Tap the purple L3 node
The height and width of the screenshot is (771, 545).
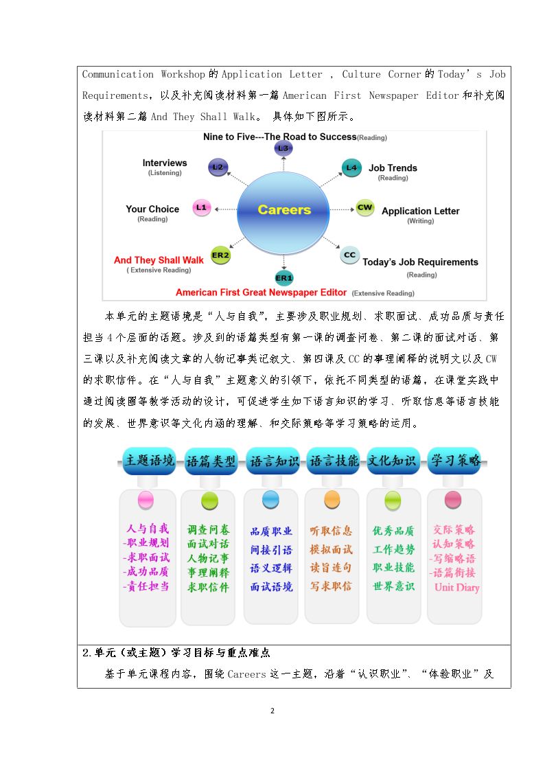pyautogui.click(x=283, y=148)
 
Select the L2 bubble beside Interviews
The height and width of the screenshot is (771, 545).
pyautogui.click(x=218, y=168)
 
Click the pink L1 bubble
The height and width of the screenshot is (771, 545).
pyautogui.click(x=202, y=207)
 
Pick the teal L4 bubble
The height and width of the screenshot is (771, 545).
pyautogui.click(x=351, y=168)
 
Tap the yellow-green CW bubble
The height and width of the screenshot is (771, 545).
pyautogui.click(x=365, y=207)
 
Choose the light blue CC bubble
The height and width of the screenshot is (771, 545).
pyautogui.click(x=349, y=255)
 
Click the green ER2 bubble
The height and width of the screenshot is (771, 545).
pyautogui.click(x=220, y=255)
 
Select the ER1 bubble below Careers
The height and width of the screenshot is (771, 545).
pyautogui.click(x=284, y=278)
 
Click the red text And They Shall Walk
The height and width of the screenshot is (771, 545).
pyautogui.click(x=159, y=260)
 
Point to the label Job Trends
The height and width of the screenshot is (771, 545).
pyautogui.click(x=393, y=168)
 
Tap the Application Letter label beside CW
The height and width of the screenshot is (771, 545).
pyautogui.click(x=421, y=211)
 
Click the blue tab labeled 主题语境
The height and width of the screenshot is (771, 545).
pyautogui.click(x=150, y=461)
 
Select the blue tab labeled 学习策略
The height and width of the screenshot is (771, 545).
pyautogui.click(x=455, y=461)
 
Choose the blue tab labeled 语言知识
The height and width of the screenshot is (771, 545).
pyautogui.click(x=273, y=461)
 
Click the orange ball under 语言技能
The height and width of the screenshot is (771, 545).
pyautogui.click(x=332, y=500)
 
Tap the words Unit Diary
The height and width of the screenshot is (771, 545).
pyautogui.click(x=457, y=587)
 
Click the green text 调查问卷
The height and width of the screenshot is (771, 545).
pyautogui.click(x=209, y=529)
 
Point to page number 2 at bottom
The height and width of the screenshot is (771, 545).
pyautogui.click(x=272, y=711)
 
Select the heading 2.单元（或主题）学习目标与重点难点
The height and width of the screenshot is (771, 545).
pyautogui.click(x=176, y=652)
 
